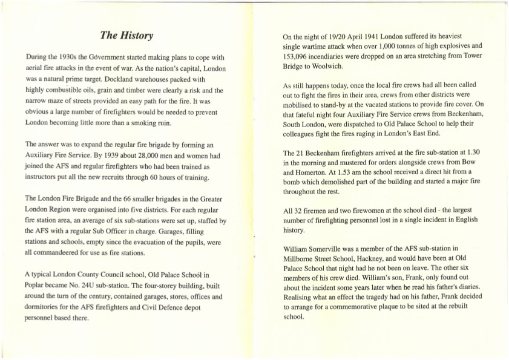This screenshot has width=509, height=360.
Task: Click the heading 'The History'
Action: [126, 36]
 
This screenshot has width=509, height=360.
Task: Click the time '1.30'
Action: [473, 152]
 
